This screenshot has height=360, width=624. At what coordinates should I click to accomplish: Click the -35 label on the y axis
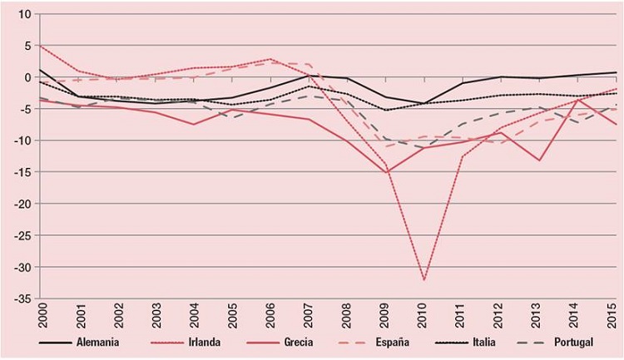coord(20,298)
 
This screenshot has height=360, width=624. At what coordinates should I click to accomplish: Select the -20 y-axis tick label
coord(20,204)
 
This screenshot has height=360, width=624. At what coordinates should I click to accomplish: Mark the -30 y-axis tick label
coord(20,267)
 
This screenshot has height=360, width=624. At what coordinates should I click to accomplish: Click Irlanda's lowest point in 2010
coord(423,280)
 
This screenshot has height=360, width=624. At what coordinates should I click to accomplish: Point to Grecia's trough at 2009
coord(385,172)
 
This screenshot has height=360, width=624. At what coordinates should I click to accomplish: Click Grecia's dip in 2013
coord(539,160)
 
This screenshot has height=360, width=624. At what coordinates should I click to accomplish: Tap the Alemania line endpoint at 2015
coord(617,72)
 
